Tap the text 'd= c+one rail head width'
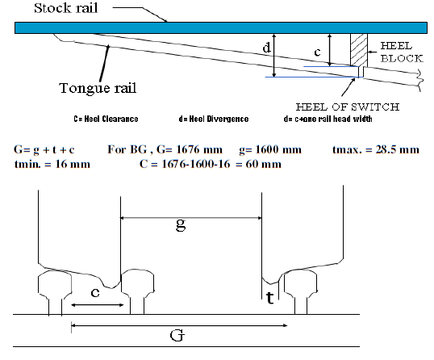point(321,119)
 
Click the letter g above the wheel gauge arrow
point(180,225)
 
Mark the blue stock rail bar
point(218,27)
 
